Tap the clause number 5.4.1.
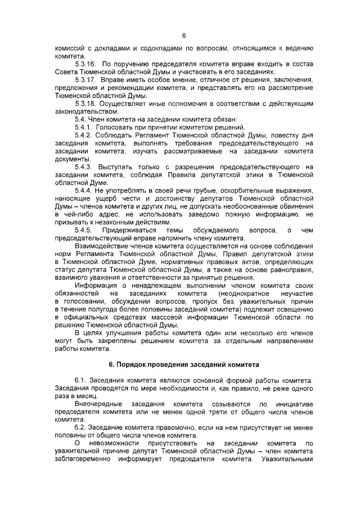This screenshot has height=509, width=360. [x=84, y=127]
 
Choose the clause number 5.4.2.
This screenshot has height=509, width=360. [x=84, y=136]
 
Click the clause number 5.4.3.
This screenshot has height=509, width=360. [x=84, y=167]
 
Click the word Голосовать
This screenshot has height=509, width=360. [x=116, y=127]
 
